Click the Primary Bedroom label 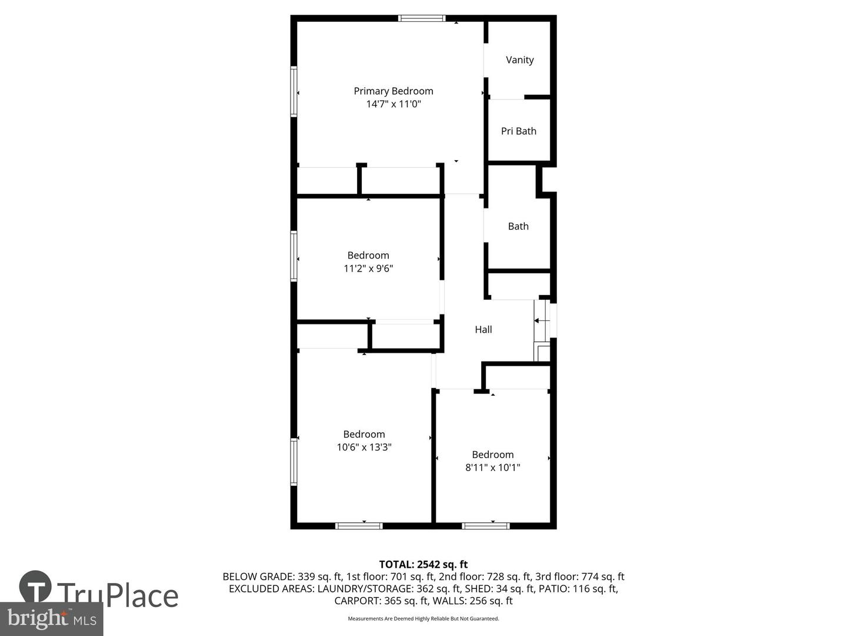pos(394,91)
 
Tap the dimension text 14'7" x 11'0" pos(394,104)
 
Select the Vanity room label pos(519,59)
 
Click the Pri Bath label pos(518,131)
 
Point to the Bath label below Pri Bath pos(518,226)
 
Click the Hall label pos(483,329)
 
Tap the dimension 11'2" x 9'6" pos(368,269)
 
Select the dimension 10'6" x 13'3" pos(364,447)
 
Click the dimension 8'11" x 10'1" pos(492,468)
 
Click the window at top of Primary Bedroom pos(422,18)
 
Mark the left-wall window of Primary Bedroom pos(294,91)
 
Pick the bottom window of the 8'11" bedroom pos(485,525)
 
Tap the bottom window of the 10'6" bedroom pos(359,525)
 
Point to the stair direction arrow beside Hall pos(541,321)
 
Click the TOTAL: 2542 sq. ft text pos(423,564)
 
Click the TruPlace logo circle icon pos(35,587)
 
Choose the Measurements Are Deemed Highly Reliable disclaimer pos(423,618)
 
